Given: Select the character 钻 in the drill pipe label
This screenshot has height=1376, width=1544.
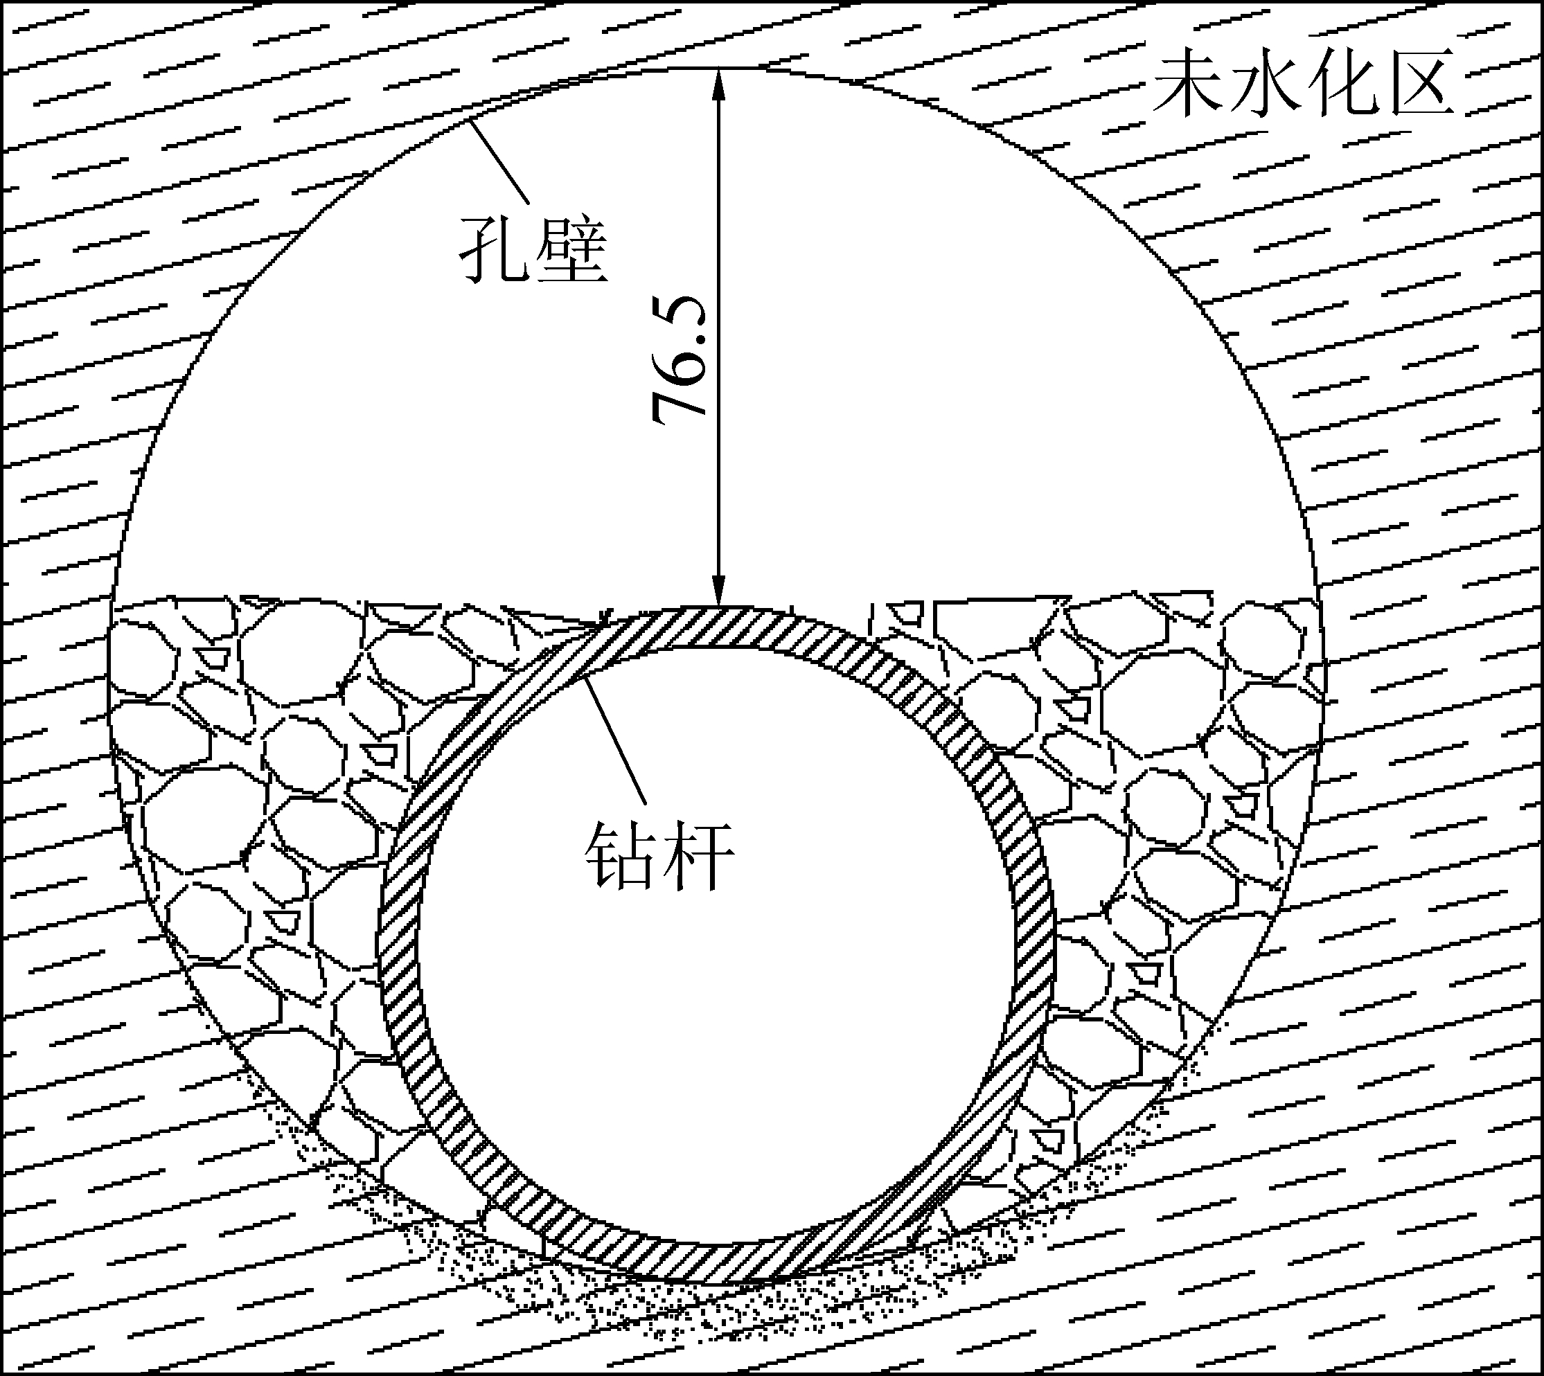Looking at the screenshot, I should (x=620, y=857).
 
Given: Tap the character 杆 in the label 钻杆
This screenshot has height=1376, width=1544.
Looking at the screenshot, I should (x=697, y=857).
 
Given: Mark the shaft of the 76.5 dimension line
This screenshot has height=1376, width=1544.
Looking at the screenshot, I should (x=719, y=469).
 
